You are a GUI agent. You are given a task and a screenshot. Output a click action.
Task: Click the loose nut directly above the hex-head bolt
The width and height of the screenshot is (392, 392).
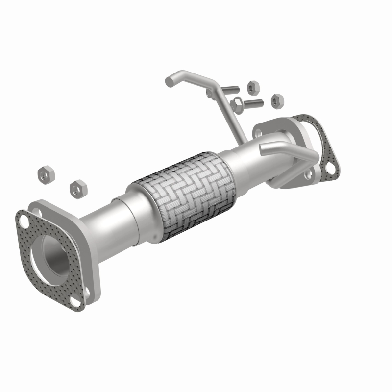[253, 87]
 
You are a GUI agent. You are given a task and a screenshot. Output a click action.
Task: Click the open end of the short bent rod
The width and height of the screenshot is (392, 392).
[264, 149]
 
